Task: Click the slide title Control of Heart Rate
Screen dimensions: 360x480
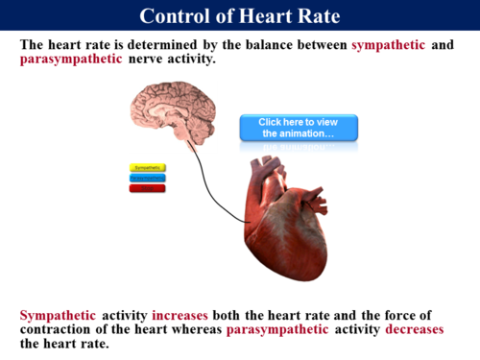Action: point(239,16)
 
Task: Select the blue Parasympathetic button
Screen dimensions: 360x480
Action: point(148,178)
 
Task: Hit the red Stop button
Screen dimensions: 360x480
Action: point(148,188)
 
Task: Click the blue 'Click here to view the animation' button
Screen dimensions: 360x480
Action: point(298,128)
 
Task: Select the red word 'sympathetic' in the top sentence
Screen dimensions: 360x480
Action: point(388,45)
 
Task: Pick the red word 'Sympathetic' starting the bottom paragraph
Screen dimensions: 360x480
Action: point(58,315)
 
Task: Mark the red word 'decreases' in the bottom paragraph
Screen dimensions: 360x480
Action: point(415,329)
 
